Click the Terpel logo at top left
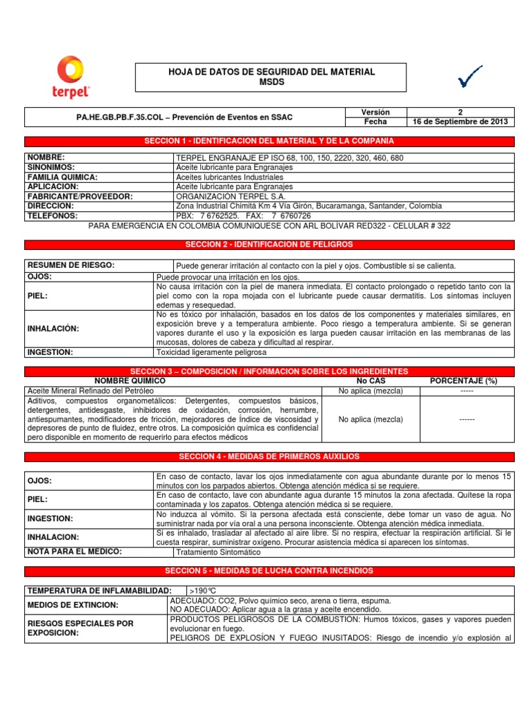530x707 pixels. click(70, 77)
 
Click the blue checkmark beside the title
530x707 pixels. click(469, 77)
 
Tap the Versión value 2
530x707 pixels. click(460, 112)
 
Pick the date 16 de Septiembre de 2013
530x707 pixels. click(460, 122)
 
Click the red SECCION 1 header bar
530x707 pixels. click(269, 141)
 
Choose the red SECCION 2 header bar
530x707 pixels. click(269, 244)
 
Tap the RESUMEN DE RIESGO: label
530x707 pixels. click(70, 265)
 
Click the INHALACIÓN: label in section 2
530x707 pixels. click(53, 328)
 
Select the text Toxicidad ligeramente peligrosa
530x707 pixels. click(211, 352)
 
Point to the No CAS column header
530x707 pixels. click(371, 380)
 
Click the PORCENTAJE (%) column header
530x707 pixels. click(463, 380)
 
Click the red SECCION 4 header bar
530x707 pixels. click(269, 456)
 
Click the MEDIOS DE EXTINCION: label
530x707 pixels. click(72, 605)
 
